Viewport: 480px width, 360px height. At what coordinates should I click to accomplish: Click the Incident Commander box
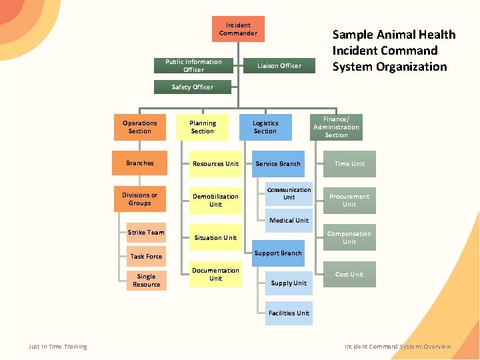(x=238, y=29)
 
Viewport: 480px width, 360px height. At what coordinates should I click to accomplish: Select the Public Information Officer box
(x=193, y=65)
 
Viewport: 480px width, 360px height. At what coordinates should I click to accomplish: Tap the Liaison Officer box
(x=280, y=65)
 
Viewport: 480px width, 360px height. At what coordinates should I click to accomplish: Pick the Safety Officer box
(x=192, y=87)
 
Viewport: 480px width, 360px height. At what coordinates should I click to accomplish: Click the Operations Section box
(x=140, y=127)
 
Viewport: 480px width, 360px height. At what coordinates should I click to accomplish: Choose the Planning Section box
(x=202, y=127)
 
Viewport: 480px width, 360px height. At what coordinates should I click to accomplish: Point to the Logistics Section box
(x=265, y=127)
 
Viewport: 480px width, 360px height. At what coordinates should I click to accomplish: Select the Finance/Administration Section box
(x=336, y=127)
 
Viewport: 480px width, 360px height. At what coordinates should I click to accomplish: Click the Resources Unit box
(x=215, y=163)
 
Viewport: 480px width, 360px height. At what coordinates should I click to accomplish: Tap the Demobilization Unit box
(x=215, y=200)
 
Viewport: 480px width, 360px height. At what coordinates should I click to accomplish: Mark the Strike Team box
(x=146, y=233)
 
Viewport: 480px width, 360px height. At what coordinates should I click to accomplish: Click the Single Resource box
(x=146, y=280)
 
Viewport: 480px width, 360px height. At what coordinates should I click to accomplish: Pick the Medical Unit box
(x=289, y=221)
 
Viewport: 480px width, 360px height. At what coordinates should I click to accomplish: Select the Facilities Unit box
(x=289, y=313)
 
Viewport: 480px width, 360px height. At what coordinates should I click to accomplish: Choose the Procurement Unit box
(x=349, y=200)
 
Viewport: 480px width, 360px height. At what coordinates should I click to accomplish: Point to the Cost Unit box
(x=349, y=275)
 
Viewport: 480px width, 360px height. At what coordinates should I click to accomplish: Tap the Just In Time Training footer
(x=57, y=347)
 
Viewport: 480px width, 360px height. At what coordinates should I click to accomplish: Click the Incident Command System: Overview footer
(x=397, y=347)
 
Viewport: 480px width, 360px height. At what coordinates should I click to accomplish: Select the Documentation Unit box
(x=215, y=274)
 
